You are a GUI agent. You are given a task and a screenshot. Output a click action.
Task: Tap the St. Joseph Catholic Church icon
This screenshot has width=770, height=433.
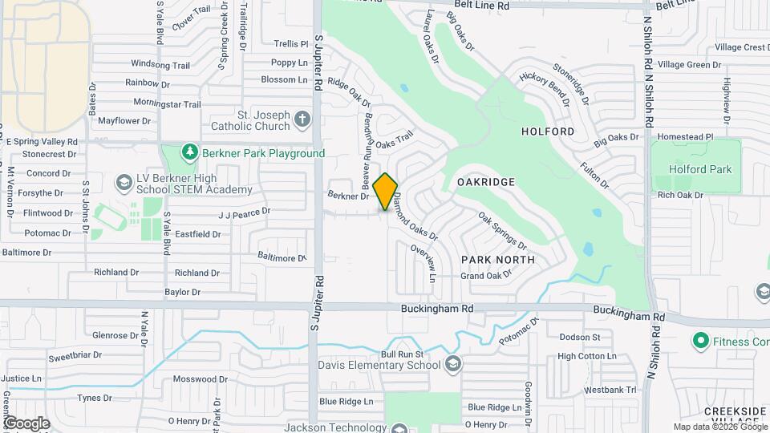[302, 120]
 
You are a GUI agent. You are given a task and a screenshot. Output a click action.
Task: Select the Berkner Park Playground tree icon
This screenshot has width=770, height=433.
[189, 152]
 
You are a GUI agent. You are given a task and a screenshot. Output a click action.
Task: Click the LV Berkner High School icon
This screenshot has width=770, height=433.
[124, 184]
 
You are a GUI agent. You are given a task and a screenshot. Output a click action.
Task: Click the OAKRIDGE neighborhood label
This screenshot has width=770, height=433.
[485, 183]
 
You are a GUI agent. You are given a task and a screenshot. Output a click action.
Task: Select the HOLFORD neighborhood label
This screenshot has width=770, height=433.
[548, 131]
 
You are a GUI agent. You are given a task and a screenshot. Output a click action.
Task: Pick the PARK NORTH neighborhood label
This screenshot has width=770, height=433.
[498, 260]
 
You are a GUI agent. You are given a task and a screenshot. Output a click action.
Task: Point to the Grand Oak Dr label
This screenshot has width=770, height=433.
[486, 277]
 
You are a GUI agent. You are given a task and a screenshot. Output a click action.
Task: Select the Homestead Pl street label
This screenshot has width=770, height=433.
[685, 137]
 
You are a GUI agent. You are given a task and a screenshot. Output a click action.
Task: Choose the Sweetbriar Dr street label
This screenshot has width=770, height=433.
[75, 354]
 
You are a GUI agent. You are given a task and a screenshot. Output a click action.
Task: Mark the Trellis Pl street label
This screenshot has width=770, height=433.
[290, 44]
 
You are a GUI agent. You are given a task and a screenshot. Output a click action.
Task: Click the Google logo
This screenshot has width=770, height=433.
[26, 423]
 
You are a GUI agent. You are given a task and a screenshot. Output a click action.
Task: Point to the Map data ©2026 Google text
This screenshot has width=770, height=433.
[719, 427]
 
